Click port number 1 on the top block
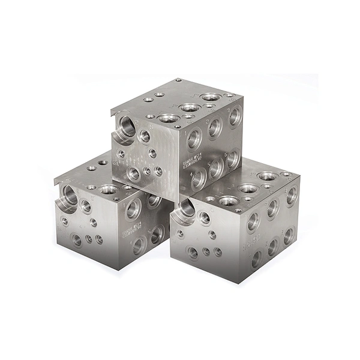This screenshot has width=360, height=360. coord(194,139)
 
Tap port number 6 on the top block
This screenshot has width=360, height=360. coord(233,158)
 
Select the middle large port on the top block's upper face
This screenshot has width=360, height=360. coord(190,107)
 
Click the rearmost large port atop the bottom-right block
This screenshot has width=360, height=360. coord(268,176)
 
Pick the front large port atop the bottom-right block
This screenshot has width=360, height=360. coord(227,200)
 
